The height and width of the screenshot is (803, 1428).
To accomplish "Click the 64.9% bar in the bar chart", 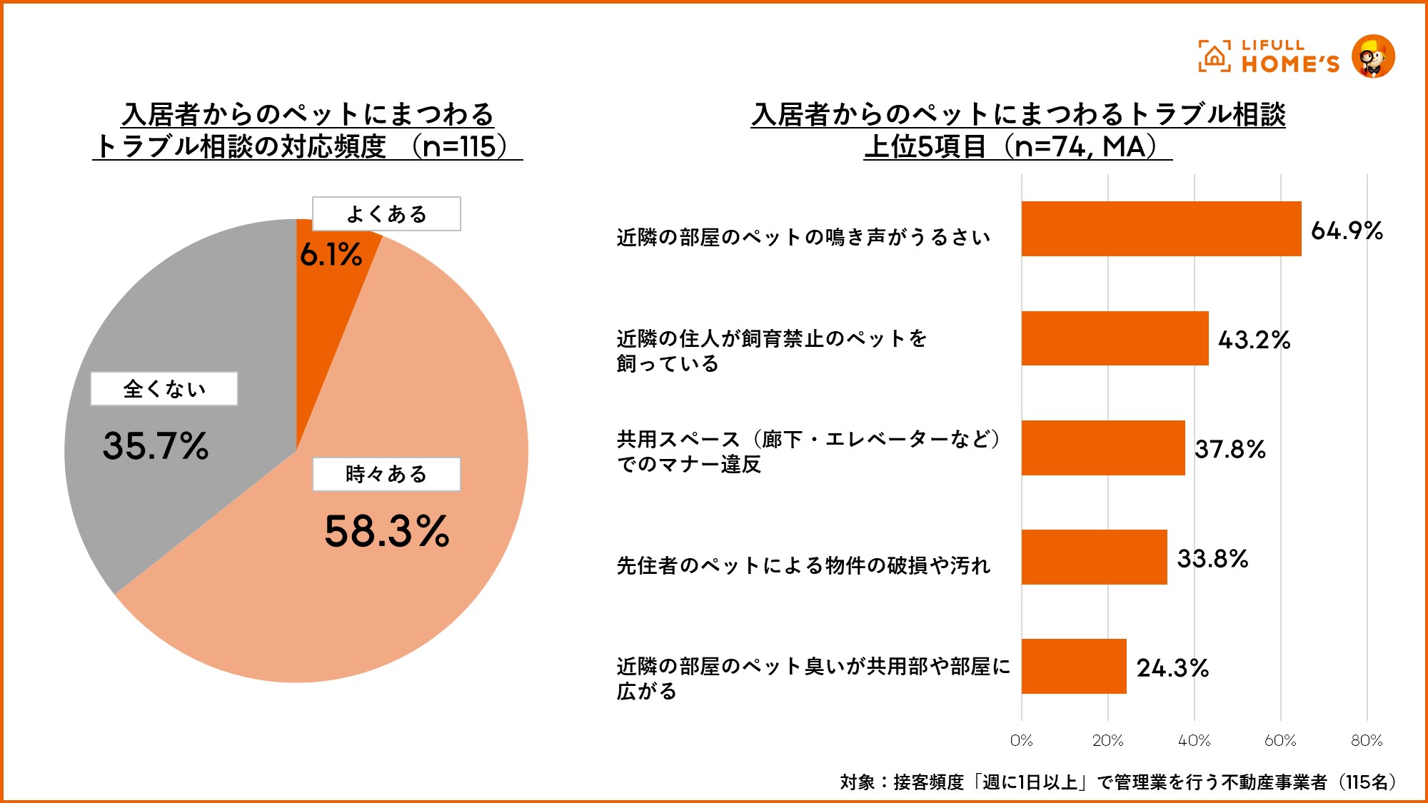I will coord(1161,229).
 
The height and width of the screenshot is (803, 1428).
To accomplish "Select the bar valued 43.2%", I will coord(1115,338).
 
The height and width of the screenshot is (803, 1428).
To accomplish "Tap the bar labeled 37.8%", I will coord(1103,448).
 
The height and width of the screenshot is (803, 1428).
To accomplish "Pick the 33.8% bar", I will coord(1094,557).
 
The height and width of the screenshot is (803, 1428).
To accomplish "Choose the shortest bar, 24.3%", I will coord(1074,666).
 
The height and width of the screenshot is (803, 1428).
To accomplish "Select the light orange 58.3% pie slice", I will coord(371,585).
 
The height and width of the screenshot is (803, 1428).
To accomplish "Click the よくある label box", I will coord(386,214).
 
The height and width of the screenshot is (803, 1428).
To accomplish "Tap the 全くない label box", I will coord(164,389).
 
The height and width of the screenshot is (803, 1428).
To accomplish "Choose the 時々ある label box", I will coord(386,474).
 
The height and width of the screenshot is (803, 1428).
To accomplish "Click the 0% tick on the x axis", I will coord(1021,741).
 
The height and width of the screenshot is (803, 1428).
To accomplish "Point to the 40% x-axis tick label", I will coord(1194,741).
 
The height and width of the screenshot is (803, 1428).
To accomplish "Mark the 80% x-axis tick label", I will coord(1367,741).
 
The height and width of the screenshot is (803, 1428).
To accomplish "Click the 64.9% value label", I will coord(1347,231).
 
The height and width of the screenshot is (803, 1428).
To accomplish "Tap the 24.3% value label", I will coord(1172,668).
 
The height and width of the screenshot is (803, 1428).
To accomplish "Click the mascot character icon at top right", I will coord(1373,56).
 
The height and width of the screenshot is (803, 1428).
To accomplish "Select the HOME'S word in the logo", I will coord(1290,65).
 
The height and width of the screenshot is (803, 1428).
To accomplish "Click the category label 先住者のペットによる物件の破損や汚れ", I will coord(803,565).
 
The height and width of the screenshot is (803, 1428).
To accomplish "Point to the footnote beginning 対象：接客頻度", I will coord(1117,782).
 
